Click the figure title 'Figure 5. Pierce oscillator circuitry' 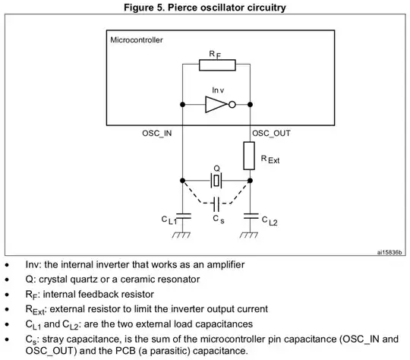pos(206,8)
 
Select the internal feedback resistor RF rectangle pos(216,65)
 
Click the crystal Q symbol pos(216,181)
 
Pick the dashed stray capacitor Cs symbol pos(217,204)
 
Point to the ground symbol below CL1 pos(182,235)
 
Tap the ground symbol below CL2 pos(251,235)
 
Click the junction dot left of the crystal pos(182,181)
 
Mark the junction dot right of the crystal pos(251,181)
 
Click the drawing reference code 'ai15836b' pos(389,253)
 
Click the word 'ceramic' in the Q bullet pos(143,279)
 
